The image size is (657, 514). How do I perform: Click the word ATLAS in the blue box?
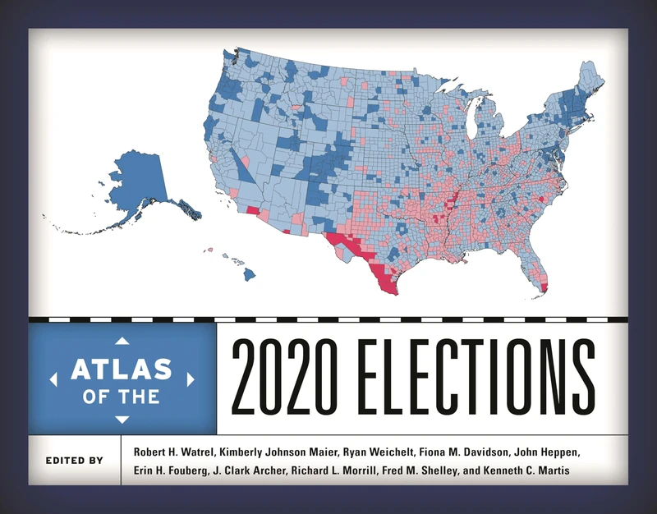coord(122,368)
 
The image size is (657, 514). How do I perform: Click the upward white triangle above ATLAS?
coord(122,340)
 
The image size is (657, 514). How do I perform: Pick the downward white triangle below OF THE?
coord(122,420)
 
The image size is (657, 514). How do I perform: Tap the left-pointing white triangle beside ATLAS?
coord(53,379)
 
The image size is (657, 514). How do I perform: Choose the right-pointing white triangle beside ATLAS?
coord(191,379)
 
